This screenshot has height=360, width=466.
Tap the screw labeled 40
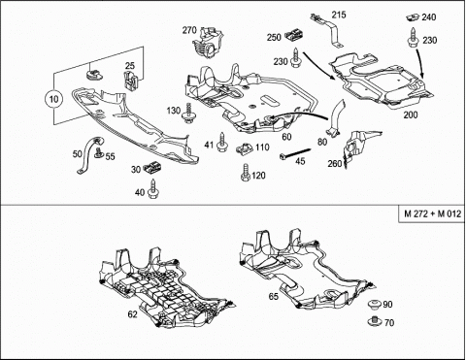(x=152, y=189)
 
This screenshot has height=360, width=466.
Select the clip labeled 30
(x=152, y=167)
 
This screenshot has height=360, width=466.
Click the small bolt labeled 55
(x=99, y=152)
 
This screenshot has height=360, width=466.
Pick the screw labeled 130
(x=188, y=114)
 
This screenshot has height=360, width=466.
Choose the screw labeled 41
(x=221, y=143)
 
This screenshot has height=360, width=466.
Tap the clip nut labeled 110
(x=245, y=149)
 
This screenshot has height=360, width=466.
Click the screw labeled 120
(x=246, y=173)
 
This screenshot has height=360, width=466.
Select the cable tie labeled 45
(x=295, y=153)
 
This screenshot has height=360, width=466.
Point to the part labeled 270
(x=208, y=43)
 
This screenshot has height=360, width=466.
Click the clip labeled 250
(x=294, y=35)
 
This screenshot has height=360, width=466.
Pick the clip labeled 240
(x=413, y=17)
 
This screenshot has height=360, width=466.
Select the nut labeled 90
(x=375, y=305)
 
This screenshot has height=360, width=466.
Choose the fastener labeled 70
(x=375, y=321)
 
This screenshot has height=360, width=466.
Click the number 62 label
(x=133, y=314)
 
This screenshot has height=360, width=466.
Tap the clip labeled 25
(x=131, y=82)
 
